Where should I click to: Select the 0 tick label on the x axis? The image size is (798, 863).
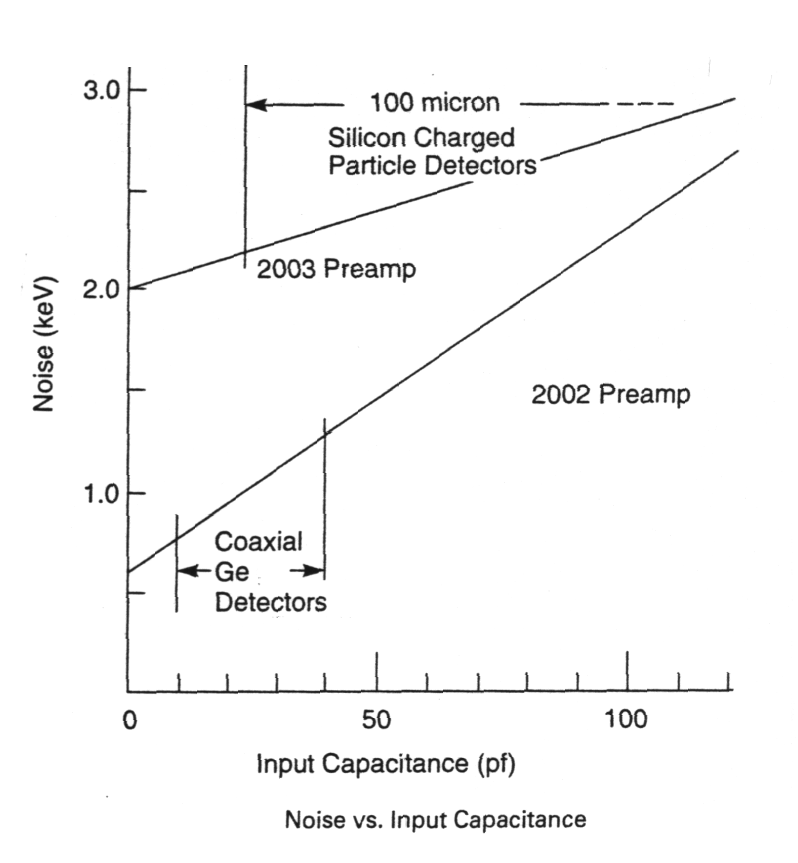pos(129,719)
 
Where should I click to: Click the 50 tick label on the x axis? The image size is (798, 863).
pos(376,719)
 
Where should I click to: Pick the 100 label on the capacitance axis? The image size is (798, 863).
pos(626,719)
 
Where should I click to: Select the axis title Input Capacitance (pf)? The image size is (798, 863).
pos(386,764)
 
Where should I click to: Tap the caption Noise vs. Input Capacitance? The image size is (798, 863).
pos(435,819)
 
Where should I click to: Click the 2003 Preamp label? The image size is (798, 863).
pos(336,269)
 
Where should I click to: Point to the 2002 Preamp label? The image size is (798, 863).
pos(611,394)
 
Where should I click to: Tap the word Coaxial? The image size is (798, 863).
pos(259,541)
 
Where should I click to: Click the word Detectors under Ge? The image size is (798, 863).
pos(271,602)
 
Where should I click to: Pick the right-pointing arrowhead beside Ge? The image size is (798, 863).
pos(314,572)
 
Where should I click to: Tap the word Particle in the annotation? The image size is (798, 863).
pos(373,166)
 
